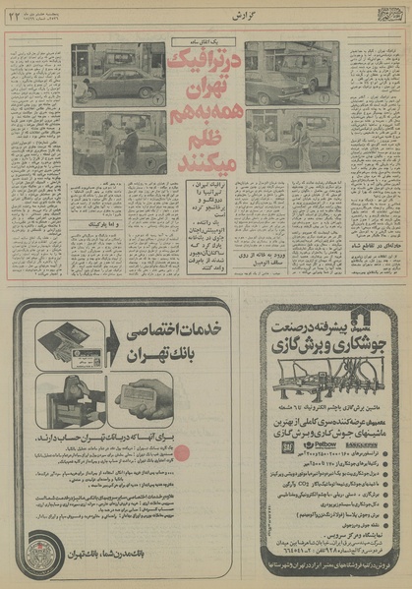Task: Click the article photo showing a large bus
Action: click(x=292, y=72)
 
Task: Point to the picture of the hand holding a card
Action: click(x=147, y=402)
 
